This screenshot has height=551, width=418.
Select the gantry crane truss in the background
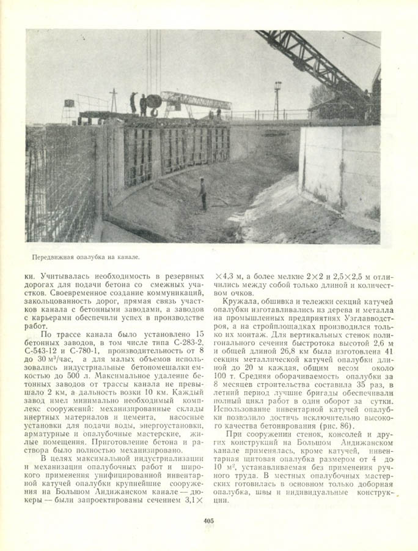point(196,100)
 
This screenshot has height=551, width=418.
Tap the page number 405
point(208,521)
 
